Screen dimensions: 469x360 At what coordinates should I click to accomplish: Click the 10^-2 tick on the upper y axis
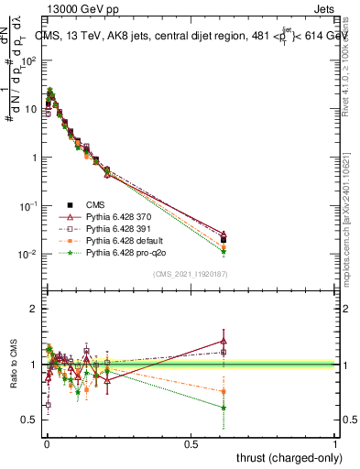click(x=27, y=254)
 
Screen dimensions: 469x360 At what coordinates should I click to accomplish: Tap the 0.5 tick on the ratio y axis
click(x=30, y=420)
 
